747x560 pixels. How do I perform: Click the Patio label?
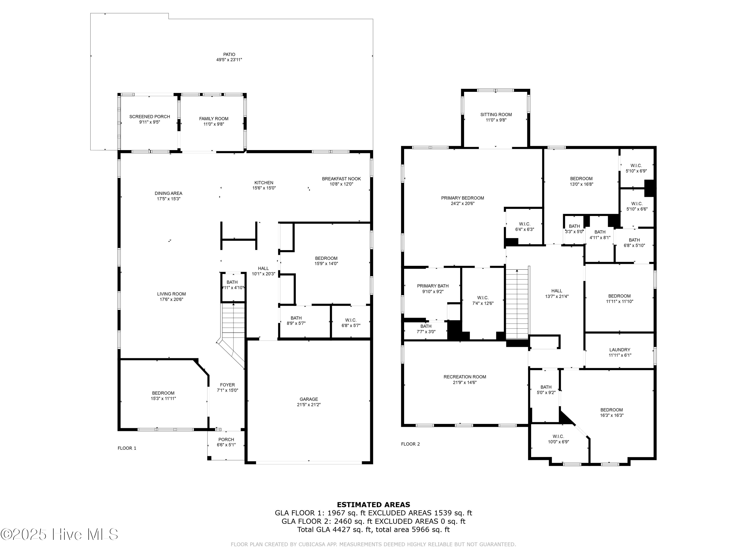pyautogui.click(x=229, y=54)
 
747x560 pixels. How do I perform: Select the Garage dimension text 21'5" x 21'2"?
pyautogui.click(x=309, y=404)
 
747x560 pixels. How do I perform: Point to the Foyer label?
pyautogui.click(x=227, y=385)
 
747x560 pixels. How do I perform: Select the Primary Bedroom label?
pyautogui.click(x=462, y=198)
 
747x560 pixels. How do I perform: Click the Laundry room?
pyautogui.click(x=619, y=352)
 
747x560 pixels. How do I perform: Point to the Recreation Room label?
pyautogui.click(x=465, y=377)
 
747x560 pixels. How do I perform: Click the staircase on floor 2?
pyautogui.click(x=517, y=304)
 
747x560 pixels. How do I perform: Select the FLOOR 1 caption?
pyautogui.click(x=127, y=448)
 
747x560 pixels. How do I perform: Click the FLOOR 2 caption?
pyautogui.click(x=410, y=444)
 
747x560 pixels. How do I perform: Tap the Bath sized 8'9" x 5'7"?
pyautogui.click(x=296, y=320)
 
